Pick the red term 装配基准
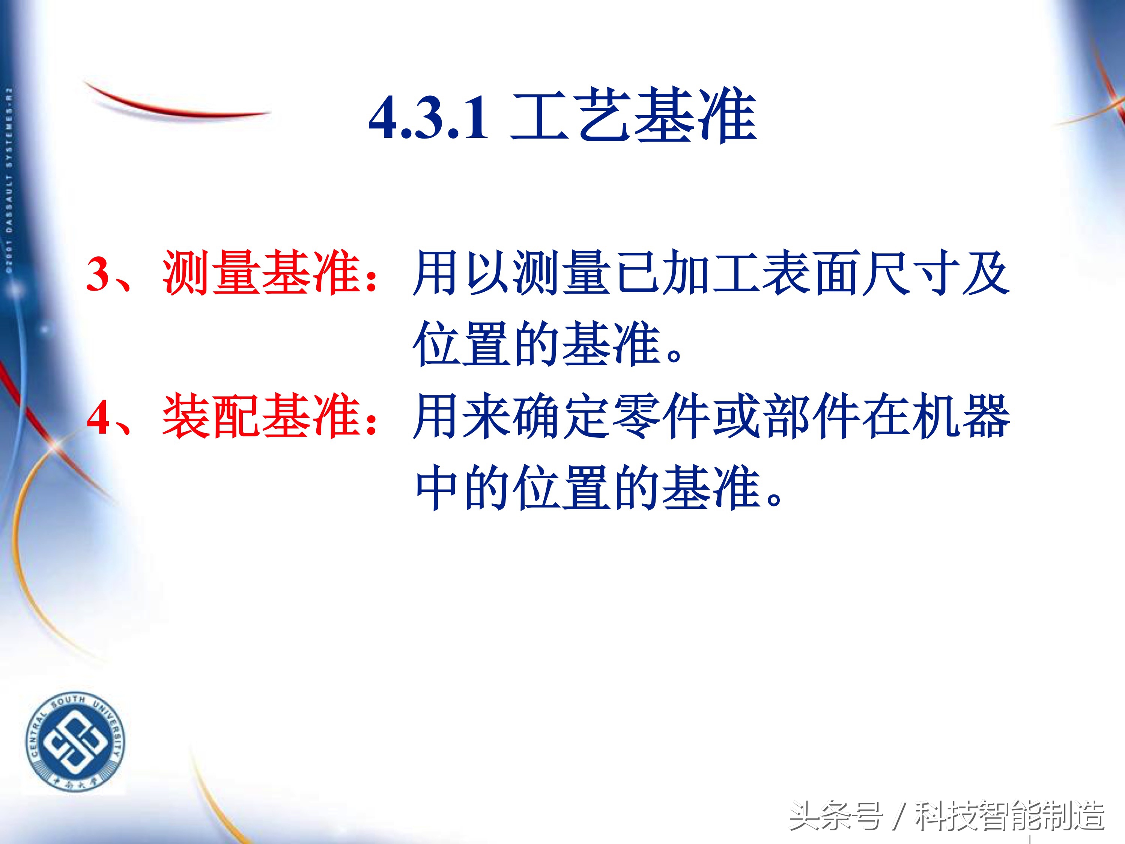coord(262,416)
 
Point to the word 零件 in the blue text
coord(661,416)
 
